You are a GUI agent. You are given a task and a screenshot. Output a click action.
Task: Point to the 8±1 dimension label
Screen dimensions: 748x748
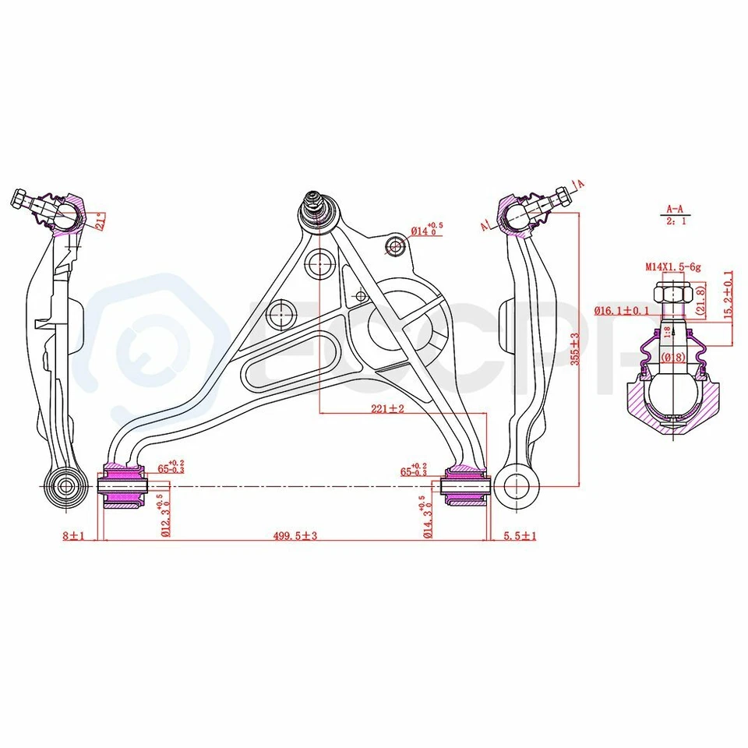[x=72, y=535]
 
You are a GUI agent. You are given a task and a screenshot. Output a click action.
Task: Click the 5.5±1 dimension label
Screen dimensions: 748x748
[x=520, y=535]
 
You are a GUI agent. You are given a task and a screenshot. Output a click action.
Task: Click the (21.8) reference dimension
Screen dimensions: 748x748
[x=700, y=300]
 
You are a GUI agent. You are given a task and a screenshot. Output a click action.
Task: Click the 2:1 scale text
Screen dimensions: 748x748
[x=675, y=221]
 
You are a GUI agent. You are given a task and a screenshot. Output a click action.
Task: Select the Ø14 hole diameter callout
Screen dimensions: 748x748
[x=426, y=229]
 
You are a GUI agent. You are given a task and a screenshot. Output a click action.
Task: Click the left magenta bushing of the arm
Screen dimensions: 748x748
[x=123, y=486]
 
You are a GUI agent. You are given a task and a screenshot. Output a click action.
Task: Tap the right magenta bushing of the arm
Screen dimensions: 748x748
[x=464, y=485]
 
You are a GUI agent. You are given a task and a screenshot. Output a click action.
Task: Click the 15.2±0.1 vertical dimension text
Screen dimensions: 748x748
[x=729, y=294]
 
